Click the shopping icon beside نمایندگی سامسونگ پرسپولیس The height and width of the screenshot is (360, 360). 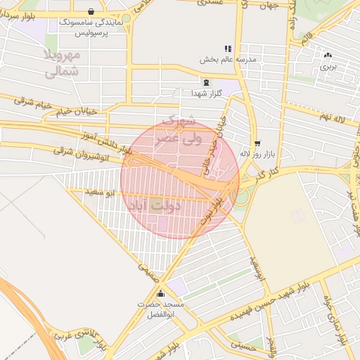pos(93,11)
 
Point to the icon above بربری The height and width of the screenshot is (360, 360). pos(328,56)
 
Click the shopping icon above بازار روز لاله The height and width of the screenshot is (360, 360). pos(257,142)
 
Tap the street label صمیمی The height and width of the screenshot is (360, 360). pos(145,268)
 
